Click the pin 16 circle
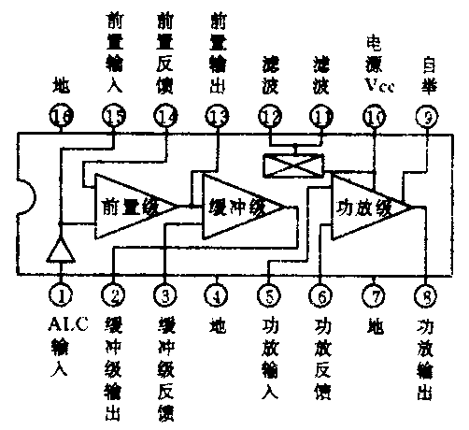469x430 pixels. click(x=61, y=117)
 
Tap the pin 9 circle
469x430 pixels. click(x=426, y=117)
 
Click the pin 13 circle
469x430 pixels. click(x=218, y=117)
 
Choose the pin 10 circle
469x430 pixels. click(x=374, y=117)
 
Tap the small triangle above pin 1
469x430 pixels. click(x=61, y=249)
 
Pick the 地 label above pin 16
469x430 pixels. click(x=61, y=86)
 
